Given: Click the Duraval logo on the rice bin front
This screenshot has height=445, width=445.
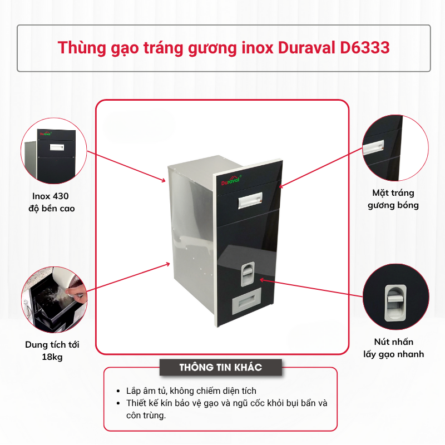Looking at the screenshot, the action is point(231,180).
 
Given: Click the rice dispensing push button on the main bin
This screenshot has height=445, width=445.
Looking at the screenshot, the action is point(248,274).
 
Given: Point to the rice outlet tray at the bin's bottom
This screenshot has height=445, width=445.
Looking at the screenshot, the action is point(246,302).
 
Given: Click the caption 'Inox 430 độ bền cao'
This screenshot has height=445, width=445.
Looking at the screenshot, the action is point(51,202).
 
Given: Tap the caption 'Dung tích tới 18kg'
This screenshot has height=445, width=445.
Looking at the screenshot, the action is point(52,350).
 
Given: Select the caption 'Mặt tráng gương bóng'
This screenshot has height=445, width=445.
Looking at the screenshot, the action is point(393,199).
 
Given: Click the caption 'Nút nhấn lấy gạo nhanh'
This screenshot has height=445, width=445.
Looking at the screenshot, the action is point(394,348).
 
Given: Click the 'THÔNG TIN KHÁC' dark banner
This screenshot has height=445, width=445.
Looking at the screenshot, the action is point(221,367).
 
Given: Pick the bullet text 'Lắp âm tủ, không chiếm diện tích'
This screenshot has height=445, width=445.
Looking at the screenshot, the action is point(191,391).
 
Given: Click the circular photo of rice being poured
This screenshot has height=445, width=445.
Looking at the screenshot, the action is point(54,299).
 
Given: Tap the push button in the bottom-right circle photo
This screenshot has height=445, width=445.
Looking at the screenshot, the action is point(395,303).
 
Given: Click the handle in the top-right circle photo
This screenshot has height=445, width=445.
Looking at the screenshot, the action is point(373,147).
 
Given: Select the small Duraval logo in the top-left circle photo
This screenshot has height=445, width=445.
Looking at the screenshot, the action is point(46,133).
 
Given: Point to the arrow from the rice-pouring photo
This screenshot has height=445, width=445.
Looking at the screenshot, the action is point(128,277).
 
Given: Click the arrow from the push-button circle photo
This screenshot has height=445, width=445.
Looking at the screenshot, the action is point(311,288).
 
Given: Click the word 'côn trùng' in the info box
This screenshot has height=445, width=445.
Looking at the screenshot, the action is point(146,415).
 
